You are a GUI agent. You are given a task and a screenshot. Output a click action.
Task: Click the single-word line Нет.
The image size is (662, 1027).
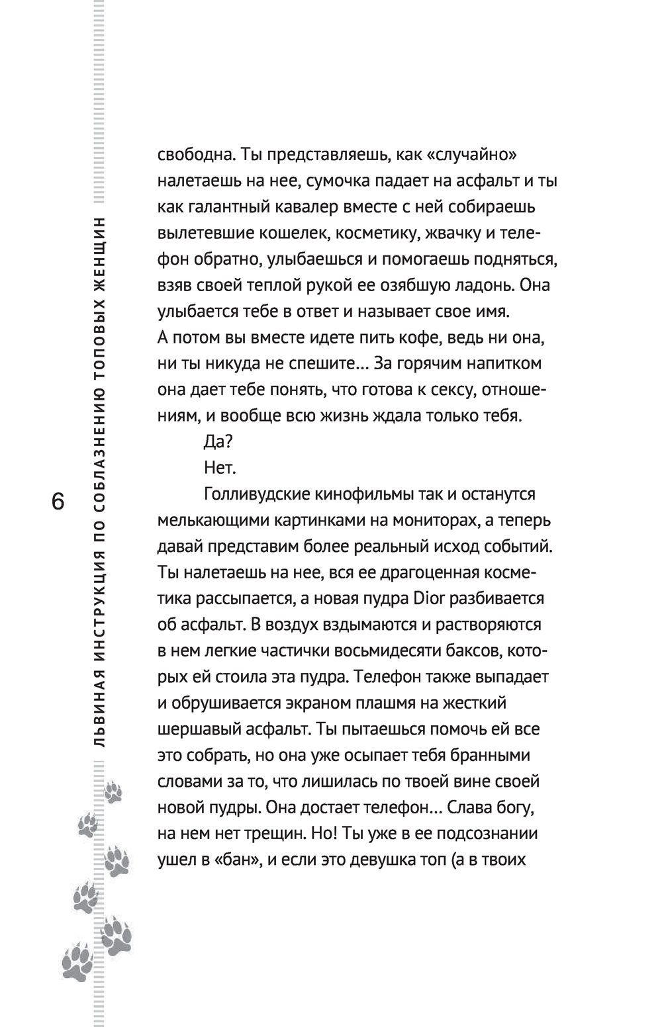(220, 469)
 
